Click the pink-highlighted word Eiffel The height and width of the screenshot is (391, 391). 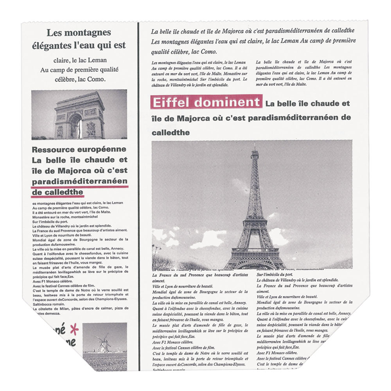170,103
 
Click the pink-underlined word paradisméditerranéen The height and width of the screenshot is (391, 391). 79,181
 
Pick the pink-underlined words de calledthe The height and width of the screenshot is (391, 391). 57,192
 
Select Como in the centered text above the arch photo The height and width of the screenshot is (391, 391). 95,79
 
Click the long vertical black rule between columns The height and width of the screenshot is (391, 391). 139,195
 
